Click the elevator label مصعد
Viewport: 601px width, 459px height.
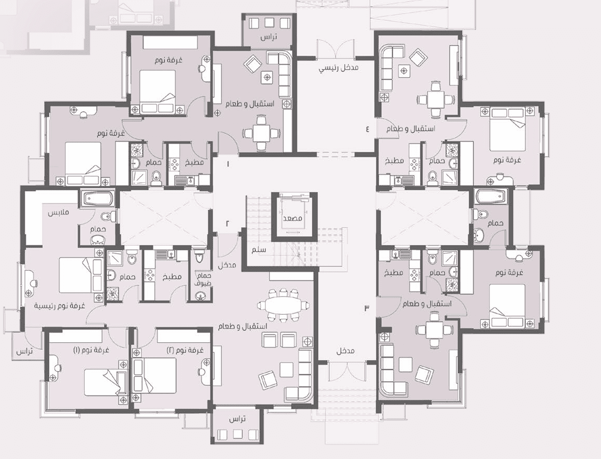(292, 218)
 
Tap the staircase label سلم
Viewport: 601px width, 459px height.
(259, 250)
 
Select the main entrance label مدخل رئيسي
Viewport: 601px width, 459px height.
(339, 68)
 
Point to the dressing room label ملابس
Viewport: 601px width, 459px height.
(58, 212)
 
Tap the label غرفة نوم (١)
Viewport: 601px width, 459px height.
(91, 350)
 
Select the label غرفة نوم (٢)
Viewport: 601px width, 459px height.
(185, 350)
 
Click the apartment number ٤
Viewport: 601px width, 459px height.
(367, 129)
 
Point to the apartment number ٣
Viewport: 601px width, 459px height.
(367, 308)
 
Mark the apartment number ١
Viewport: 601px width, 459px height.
(228, 164)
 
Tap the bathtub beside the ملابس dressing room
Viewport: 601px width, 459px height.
(98, 199)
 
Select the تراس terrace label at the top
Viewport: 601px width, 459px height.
(269, 37)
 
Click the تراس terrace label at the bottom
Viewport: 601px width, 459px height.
(237, 419)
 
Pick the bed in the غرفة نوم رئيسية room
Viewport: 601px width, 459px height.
(81, 275)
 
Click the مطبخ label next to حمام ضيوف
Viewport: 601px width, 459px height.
(171, 277)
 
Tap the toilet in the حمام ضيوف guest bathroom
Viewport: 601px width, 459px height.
(199, 256)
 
